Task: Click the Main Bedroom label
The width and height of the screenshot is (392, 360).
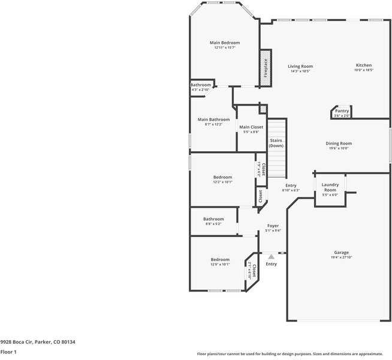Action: coord(225,43)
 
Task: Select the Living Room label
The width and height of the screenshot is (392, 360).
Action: coord(300,67)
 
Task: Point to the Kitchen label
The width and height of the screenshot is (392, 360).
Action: coord(364,65)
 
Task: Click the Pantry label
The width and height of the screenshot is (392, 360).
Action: coord(342,111)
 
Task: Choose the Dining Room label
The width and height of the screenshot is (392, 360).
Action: coord(339,143)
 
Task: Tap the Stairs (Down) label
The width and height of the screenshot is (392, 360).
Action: coord(276,143)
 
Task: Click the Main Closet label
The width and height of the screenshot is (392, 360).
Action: coord(251,127)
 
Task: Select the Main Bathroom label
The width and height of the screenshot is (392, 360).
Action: coord(213,119)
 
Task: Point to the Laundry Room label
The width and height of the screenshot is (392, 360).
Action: coord(330,187)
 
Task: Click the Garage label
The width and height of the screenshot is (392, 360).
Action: coord(342,253)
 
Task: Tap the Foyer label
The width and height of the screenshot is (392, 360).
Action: coord(273,226)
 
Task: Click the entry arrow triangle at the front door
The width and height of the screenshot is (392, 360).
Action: coord(271,257)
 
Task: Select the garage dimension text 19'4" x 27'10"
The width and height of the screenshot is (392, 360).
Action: coord(342,257)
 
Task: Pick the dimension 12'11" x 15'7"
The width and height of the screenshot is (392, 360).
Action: coord(225,47)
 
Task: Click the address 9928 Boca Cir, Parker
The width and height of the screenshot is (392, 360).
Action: coord(37,342)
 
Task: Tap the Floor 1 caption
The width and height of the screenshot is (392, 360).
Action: coord(8,352)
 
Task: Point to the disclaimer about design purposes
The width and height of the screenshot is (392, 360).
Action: coord(294,354)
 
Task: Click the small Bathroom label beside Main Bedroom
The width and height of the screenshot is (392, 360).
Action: coord(201,85)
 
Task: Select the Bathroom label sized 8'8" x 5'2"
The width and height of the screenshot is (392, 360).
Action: coord(213,219)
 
